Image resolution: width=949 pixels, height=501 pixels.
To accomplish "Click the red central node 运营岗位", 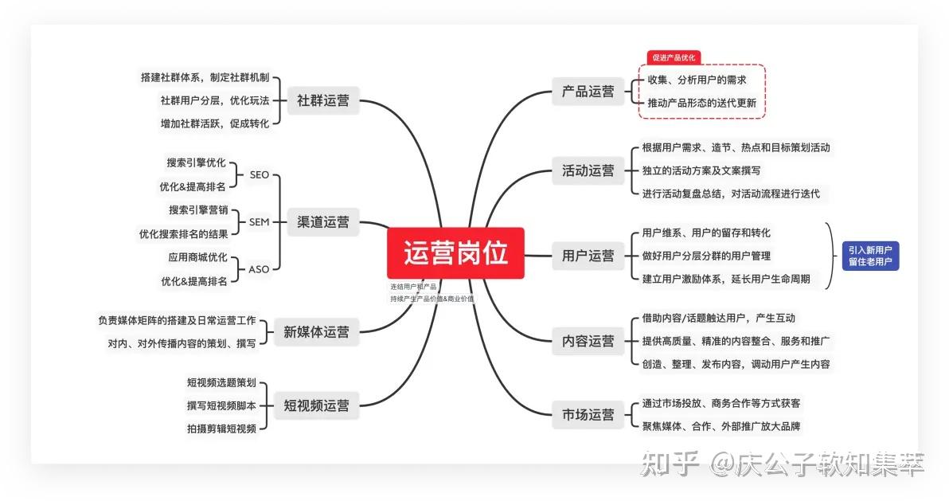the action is [x=455, y=252].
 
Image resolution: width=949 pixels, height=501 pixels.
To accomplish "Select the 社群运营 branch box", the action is [x=322, y=100].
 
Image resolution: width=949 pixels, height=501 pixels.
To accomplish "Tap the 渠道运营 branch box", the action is [x=322, y=222].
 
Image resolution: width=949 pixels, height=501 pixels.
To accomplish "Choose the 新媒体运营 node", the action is [x=316, y=332].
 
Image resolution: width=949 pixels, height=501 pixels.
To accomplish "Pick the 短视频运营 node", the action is [x=316, y=405].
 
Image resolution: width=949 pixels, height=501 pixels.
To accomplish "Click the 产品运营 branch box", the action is [x=588, y=92].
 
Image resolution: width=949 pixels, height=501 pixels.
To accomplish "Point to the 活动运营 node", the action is [x=588, y=170].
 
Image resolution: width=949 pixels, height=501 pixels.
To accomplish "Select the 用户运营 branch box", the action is [x=588, y=256].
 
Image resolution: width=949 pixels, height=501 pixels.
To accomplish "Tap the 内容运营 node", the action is [x=588, y=341].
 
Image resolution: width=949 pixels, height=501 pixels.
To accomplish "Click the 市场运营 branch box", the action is [x=588, y=414].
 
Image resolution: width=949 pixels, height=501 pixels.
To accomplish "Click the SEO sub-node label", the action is [x=259, y=174].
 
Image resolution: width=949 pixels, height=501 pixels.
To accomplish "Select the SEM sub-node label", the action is [x=259, y=221].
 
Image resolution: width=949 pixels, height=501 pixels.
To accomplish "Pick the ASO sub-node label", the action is [x=259, y=269].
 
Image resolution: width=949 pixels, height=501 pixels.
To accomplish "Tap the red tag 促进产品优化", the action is [x=674, y=57].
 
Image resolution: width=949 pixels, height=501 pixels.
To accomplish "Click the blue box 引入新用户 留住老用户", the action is [x=870, y=256].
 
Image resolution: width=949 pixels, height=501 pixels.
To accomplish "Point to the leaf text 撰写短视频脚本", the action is [x=221, y=406].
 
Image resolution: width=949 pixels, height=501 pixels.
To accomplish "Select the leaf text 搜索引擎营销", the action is [x=198, y=210].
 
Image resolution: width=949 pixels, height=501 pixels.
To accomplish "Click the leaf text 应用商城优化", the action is [x=198, y=257].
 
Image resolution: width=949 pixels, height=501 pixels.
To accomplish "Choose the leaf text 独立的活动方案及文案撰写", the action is [x=701, y=170].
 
